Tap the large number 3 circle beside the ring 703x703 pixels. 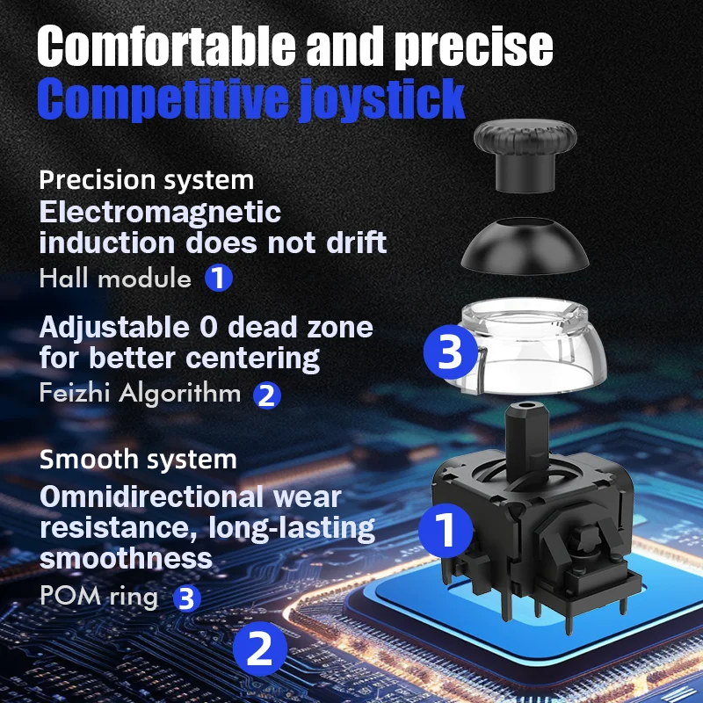[x=451, y=354]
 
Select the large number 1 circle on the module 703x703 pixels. [x=445, y=530]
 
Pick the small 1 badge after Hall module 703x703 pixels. [x=219, y=279]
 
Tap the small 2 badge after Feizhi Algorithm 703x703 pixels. [x=267, y=395]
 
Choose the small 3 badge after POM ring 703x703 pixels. [x=186, y=598]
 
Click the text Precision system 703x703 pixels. [x=147, y=180]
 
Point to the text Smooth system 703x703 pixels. [x=138, y=459]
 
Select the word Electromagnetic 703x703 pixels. [x=161, y=212]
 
